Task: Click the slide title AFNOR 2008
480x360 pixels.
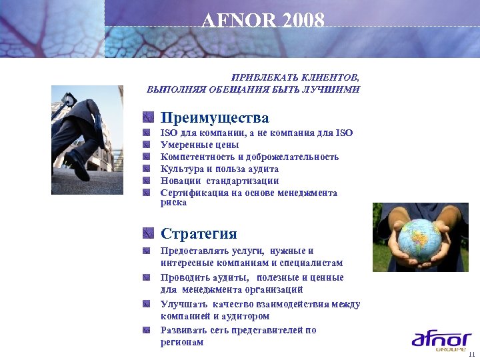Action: click(263, 21)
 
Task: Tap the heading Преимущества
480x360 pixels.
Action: click(215, 118)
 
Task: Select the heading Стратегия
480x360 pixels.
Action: click(199, 234)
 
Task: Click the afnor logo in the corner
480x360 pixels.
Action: click(441, 341)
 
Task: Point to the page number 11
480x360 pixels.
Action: click(471, 354)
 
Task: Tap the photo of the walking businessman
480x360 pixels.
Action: click(87, 139)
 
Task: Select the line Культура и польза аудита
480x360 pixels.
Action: click(219, 169)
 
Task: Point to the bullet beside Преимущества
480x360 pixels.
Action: click(148, 119)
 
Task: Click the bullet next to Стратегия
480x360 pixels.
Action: click(148, 234)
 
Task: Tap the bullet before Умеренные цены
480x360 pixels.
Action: click(147, 145)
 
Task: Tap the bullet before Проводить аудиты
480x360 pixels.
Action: click(147, 277)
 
